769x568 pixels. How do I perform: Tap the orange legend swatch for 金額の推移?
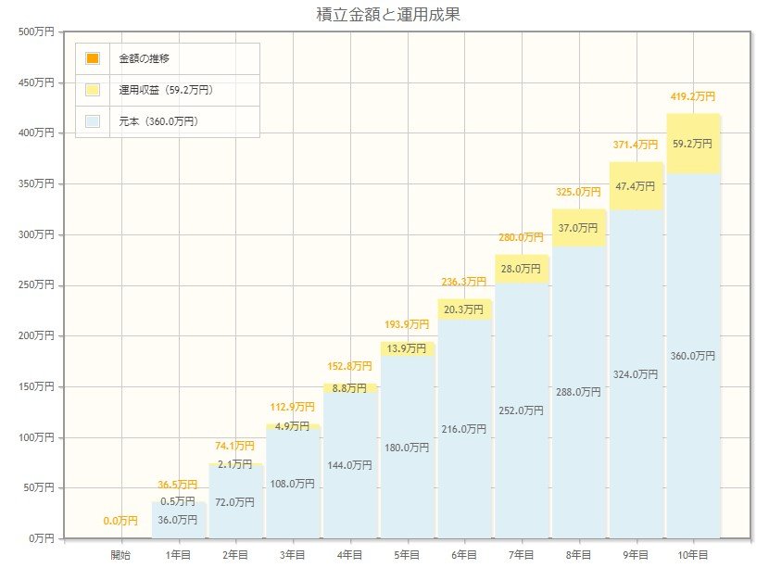(93, 58)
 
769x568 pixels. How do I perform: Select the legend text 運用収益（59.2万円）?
(166, 90)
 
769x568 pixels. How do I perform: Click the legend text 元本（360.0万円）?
(158, 121)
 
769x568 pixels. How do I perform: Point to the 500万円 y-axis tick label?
(36, 32)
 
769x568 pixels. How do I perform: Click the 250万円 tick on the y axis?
(36, 284)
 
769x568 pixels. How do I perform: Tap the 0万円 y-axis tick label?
(42, 537)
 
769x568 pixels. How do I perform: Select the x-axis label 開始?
(120, 554)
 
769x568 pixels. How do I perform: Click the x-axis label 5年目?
(407, 554)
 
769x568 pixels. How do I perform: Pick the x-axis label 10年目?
(692, 554)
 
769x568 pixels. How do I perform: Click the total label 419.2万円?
(693, 96)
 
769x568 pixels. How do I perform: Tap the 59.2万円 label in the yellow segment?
(693, 144)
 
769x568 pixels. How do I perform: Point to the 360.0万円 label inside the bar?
(693, 356)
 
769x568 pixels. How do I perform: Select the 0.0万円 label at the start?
(120, 522)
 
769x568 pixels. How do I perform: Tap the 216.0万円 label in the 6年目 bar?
(464, 429)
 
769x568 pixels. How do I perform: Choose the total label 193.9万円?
(407, 324)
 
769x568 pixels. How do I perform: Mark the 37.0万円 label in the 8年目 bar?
(579, 228)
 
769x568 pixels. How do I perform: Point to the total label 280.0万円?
(521, 237)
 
